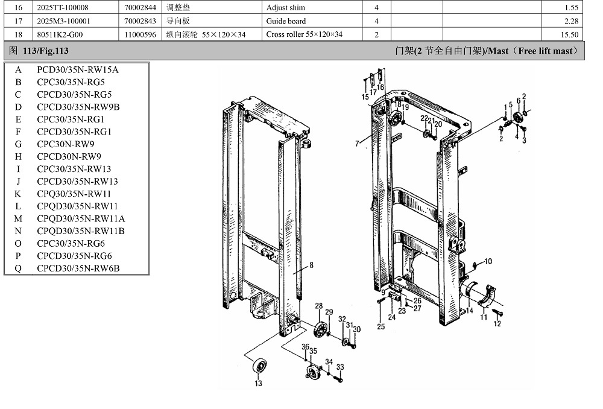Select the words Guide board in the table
click(x=286, y=21)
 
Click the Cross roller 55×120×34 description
click(x=304, y=34)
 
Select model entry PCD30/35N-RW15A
click(x=77, y=69)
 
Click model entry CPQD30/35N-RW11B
click(x=81, y=231)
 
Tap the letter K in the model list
click(x=18, y=194)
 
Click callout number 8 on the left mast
click(x=312, y=265)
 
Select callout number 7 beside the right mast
click(x=357, y=144)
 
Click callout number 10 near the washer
click(x=488, y=261)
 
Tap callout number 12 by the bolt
click(x=497, y=324)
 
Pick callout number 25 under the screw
click(x=380, y=327)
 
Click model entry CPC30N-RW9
click(x=65, y=144)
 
